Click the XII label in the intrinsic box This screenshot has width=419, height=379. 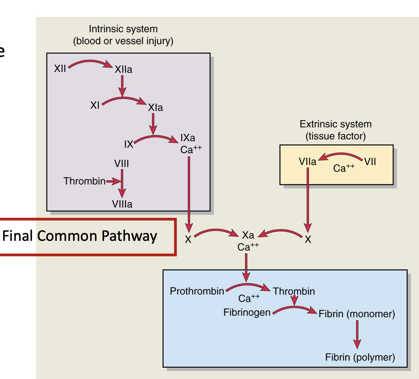click(60, 68)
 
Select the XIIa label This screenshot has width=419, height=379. click(123, 70)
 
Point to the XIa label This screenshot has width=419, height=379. click(155, 108)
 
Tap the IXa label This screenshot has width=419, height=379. click(187, 138)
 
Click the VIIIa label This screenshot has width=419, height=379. click(122, 204)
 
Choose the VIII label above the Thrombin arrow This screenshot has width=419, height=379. click(121, 164)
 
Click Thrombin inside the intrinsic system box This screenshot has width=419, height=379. click(84, 181)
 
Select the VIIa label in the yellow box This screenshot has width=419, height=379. click(307, 161)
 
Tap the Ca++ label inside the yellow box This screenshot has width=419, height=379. click(343, 168)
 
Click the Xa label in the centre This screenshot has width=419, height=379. click(248, 235)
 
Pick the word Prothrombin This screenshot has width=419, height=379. click(197, 291)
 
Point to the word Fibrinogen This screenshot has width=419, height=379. click(247, 312)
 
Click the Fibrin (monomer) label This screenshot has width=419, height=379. click(357, 314)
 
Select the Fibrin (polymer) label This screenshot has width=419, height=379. click(360, 357)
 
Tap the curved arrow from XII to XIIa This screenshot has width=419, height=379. click(90, 62)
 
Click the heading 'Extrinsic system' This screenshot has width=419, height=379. click(336, 124)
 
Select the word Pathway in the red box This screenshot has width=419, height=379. click(129, 236)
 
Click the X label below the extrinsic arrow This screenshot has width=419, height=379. click(308, 239)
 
